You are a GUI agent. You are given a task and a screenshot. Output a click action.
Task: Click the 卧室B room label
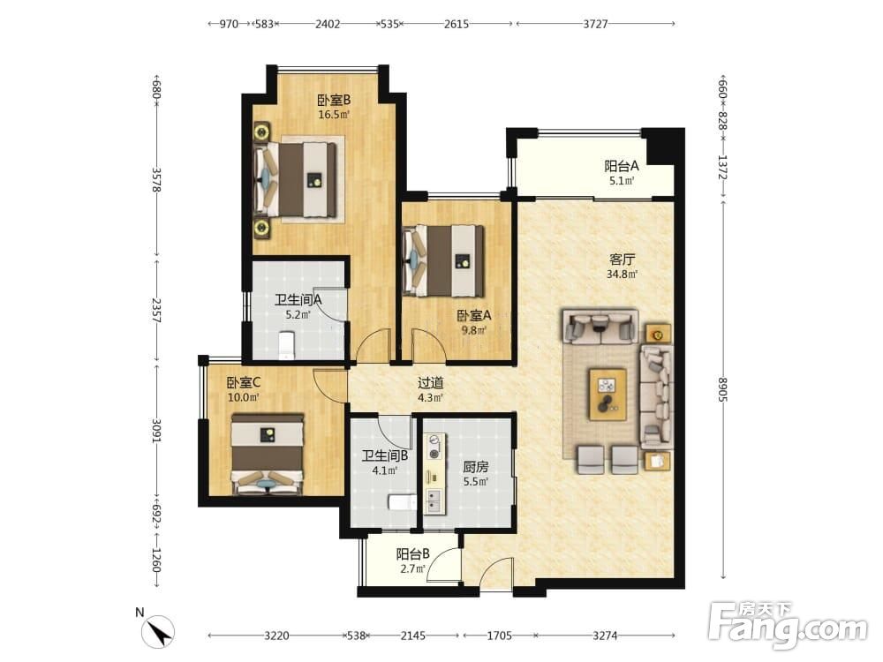click(x=334, y=101)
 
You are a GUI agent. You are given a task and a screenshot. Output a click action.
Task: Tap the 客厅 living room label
click(x=622, y=260)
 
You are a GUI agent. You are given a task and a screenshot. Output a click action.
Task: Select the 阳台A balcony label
click(x=622, y=166)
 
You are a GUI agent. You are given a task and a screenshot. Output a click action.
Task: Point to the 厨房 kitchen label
click(x=475, y=467)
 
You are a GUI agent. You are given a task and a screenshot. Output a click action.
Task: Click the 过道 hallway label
click(x=430, y=383)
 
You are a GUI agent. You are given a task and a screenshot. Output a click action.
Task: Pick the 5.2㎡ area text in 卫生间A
click(x=298, y=315)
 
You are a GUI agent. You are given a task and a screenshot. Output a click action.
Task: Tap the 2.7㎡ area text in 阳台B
click(x=412, y=568)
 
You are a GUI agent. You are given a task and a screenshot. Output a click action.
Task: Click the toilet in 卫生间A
click(x=287, y=345)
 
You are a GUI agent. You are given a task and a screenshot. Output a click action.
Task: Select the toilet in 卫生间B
click(x=402, y=502)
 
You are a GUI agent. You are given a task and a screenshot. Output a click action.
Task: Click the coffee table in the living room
click(x=608, y=394)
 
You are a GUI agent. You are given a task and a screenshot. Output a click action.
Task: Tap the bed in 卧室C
click(x=268, y=455)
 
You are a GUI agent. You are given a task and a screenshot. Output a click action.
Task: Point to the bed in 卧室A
click(x=444, y=260)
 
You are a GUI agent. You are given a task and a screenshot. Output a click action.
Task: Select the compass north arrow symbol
click(x=158, y=631)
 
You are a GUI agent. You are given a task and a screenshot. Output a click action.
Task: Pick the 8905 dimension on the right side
click(x=722, y=388)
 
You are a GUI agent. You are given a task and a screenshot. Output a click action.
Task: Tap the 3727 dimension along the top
click(x=595, y=24)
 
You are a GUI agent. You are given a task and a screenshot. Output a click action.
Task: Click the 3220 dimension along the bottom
click(x=276, y=636)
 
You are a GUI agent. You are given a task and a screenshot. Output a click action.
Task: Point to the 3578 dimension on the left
click(x=156, y=180)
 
